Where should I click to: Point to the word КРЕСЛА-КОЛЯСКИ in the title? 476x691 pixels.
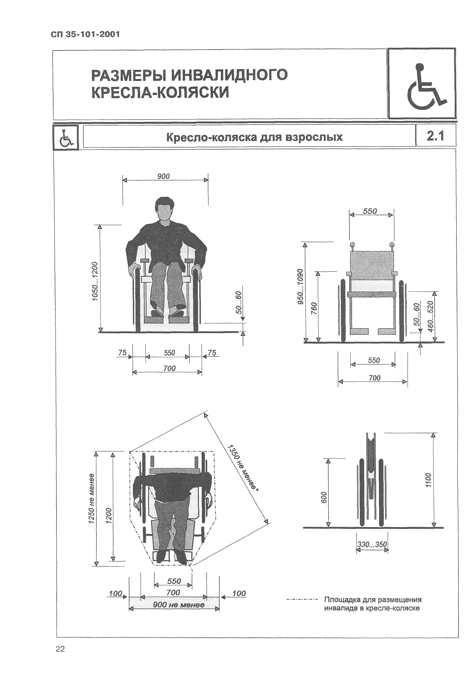[160, 92]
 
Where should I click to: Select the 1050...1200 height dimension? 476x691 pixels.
[95, 281]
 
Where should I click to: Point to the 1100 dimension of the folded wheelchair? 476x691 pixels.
[428, 480]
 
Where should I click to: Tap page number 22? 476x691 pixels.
[60, 649]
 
